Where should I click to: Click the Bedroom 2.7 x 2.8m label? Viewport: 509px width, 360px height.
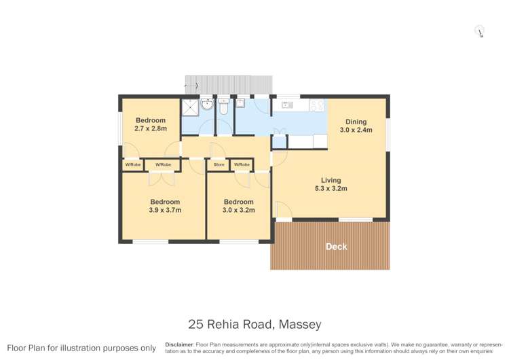[150, 124]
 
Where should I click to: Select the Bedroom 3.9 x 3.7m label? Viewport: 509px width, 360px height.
[165, 206]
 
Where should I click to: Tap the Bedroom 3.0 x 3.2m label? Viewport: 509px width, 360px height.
[239, 206]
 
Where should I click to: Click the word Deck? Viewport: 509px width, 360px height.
[336, 247]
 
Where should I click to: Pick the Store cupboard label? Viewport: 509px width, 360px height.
[219, 165]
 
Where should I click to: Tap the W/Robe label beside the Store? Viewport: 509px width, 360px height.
[241, 165]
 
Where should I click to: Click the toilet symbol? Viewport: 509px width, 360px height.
[223, 107]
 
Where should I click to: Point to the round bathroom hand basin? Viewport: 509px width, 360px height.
[206, 105]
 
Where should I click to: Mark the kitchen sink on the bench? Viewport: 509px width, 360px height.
[286, 105]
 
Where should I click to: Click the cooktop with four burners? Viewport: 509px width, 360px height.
[316, 105]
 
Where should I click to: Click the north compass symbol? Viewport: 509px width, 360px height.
[480, 31]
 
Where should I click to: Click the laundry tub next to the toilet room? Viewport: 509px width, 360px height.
[240, 104]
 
